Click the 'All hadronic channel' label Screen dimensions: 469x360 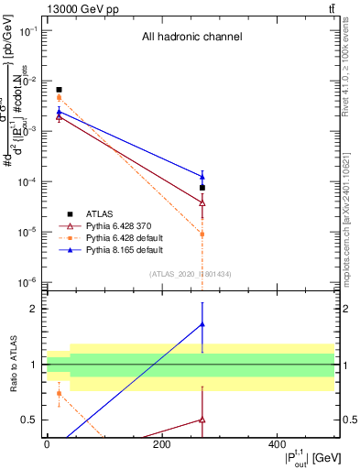click(x=191, y=38)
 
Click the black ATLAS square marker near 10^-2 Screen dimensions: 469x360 click(x=59, y=90)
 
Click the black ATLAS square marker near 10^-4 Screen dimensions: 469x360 click(x=202, y=188)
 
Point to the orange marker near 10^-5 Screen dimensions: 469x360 click(x=202, y=234)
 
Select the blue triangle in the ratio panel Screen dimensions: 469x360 click(x=202, y=324)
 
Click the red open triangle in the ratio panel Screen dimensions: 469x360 click(x=202, y=420)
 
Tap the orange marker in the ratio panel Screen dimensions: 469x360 click(x=59, y=394)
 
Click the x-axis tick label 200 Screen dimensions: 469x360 click(x=162, y=444)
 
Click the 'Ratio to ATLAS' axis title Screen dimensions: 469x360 click(x=12, y=364)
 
